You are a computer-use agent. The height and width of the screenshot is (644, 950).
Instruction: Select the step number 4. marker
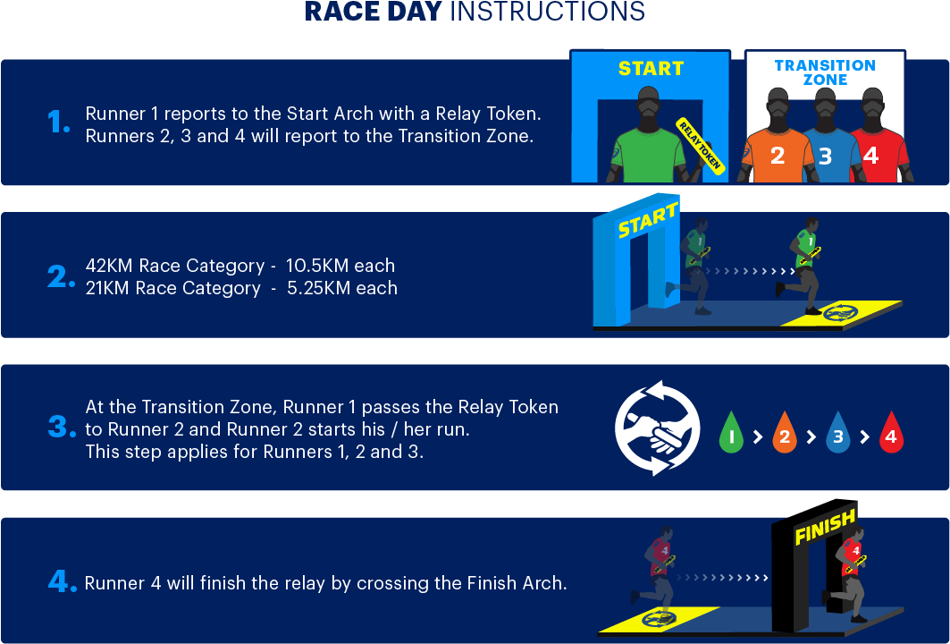coord(62,582)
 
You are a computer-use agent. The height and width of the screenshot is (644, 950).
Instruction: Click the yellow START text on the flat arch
coord(651,69)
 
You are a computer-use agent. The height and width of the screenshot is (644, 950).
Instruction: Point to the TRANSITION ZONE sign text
coord(825,72)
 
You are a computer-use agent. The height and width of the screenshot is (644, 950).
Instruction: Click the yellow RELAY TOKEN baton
coord(701,146)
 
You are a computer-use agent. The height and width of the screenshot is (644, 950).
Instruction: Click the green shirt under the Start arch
coord(648,156)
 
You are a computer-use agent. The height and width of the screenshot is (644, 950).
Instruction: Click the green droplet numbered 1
coord(731,432)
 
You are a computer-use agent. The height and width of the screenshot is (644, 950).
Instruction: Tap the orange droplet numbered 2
coord(784,432)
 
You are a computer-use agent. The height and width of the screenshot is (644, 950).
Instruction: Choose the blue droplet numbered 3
coord(837,432)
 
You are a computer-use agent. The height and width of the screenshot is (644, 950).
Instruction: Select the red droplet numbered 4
coord(891,432)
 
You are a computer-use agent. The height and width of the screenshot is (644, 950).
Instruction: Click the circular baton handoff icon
coord(658,428)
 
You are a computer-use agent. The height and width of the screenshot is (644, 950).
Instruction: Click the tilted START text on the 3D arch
coord(648,219)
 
